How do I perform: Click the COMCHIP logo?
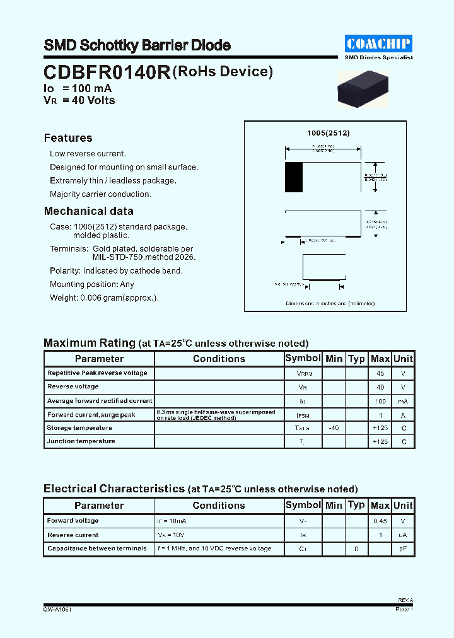pos(378,43)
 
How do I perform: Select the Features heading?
pos(68,138)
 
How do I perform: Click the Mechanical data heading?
pos(88,211)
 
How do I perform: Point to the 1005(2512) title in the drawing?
pos(328,134)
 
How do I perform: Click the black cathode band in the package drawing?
pos(293,177)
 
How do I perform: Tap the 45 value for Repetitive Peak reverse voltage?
pos(380,373)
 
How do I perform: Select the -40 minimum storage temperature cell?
pos(334,428)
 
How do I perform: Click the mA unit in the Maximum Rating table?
pos(403,401)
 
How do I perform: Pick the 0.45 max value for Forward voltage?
pos(380,521)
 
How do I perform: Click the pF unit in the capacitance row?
pos(403,549)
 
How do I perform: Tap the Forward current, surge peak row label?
pos(91,415)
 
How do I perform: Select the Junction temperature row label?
pos(81,441)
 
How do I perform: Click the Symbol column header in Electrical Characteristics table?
pos(303,505)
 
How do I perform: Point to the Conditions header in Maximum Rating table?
pos(219,359)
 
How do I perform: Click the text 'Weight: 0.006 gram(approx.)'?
pos(104,298)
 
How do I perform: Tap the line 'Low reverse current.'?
pos(88,154)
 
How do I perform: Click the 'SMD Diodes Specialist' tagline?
pos(378,57)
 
